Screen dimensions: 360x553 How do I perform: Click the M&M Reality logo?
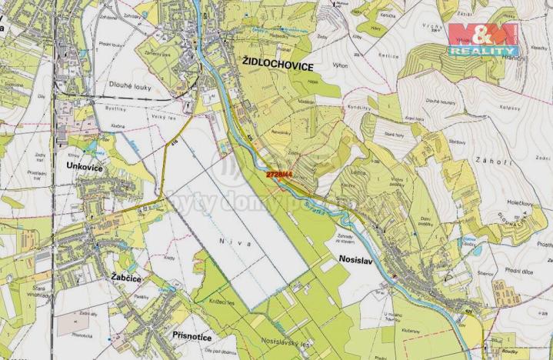484,38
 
